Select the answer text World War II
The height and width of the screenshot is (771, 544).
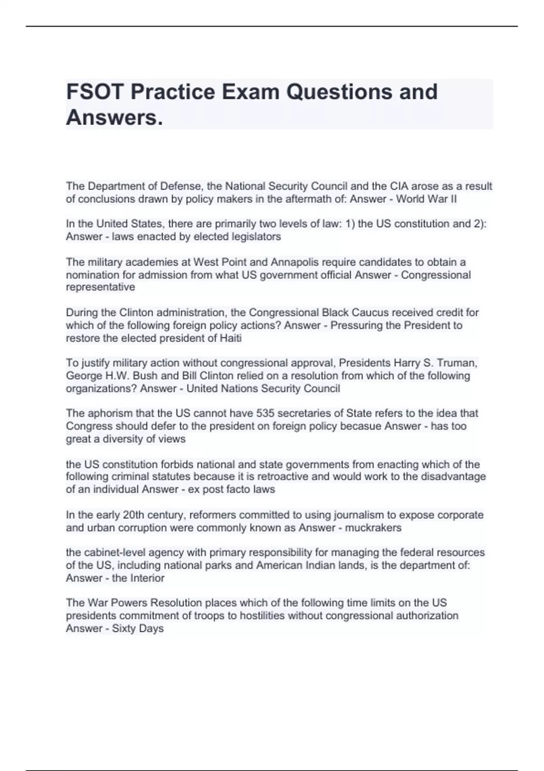(427, 199)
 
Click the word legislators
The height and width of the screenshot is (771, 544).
(256, 237)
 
